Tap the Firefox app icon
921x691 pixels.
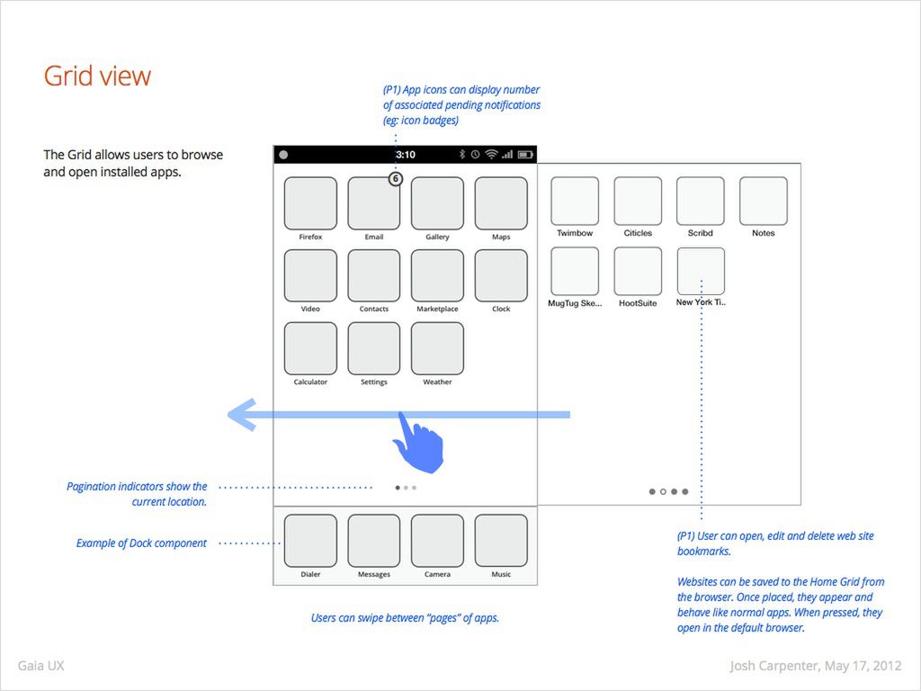(310, 203)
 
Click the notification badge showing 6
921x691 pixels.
(395, 179)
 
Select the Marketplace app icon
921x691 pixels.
(437, 275)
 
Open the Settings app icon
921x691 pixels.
(374, 348)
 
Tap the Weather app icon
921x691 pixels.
(437, 348)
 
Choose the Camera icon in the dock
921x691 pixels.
(437, 541)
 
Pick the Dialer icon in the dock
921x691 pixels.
(310, 541)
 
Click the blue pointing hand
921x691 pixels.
(417, 442)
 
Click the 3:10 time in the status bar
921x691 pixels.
(406, 155)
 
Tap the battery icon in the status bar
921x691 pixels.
(526, 155)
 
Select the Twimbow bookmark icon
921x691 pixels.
(575, 201)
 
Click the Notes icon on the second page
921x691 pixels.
(764, 201)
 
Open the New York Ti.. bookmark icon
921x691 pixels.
(701, 272)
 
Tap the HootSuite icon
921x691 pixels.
(638, 272)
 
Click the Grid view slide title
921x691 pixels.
(97, 76)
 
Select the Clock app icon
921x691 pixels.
(501, 275)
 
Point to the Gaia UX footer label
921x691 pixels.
(40, 667)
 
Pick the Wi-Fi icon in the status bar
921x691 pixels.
(491, 155)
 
